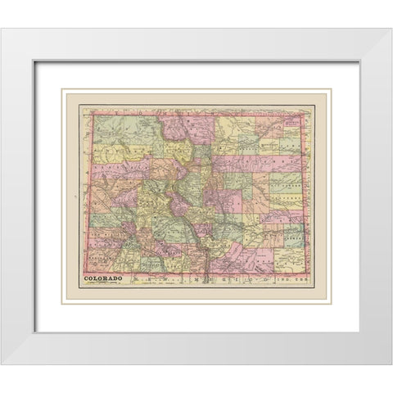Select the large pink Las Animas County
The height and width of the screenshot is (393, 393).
pos(246,258)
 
